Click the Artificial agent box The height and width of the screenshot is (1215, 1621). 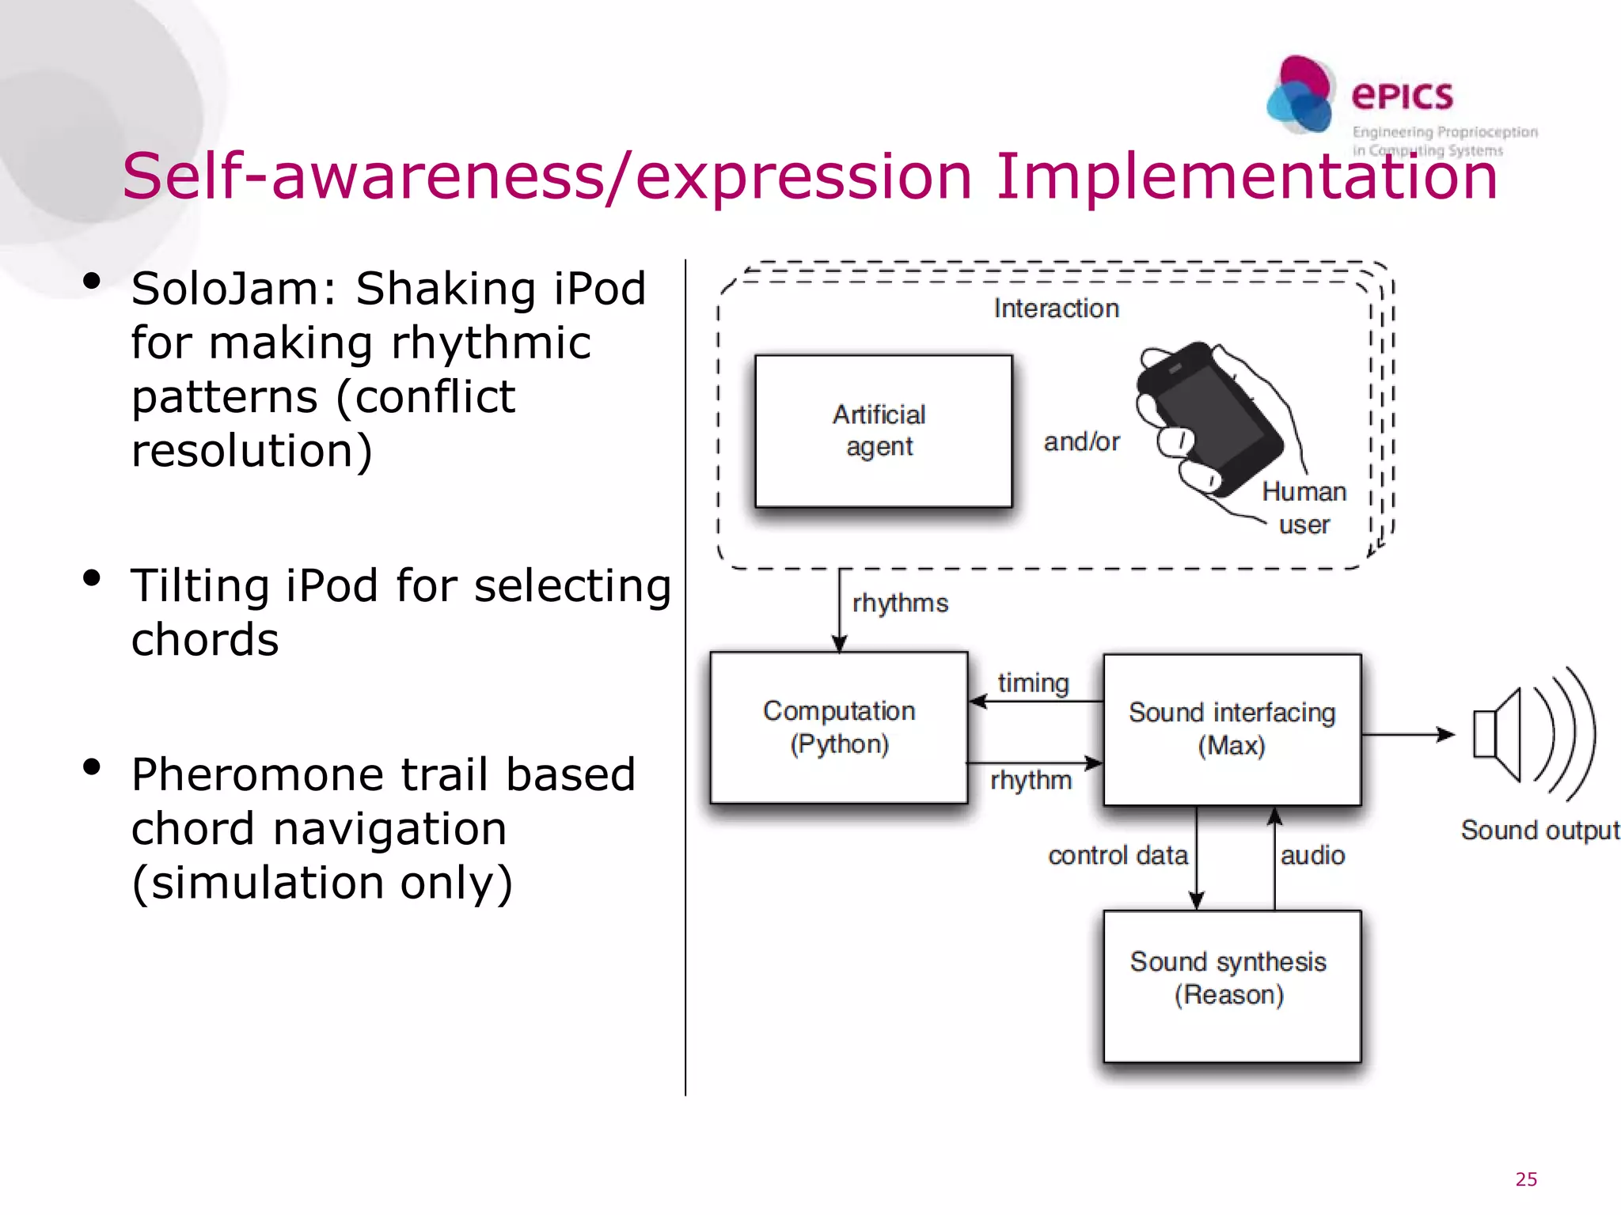tap(883, 430)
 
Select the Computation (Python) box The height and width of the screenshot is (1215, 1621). tap(839, 727)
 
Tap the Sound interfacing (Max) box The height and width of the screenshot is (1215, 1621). tap(1232, 729)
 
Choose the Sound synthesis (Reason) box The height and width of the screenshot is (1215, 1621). tap(1232, 986)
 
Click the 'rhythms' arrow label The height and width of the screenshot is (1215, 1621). tap(900, 603)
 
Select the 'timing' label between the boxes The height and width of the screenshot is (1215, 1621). tap(1033, 683)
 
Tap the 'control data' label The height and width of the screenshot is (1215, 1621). tap(1118, 855)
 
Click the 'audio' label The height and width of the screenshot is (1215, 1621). tap(1312, 855)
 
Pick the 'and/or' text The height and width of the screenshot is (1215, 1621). tap(1081, 441)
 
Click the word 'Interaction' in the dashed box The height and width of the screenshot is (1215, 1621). tap(1056, 308)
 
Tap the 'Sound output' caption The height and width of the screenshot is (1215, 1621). tap(1539, 830)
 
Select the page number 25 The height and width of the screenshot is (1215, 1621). tap(1526, 1179)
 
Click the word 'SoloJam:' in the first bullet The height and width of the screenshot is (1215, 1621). tap(234, 289)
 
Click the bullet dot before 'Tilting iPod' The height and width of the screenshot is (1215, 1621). tap(92, 578)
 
